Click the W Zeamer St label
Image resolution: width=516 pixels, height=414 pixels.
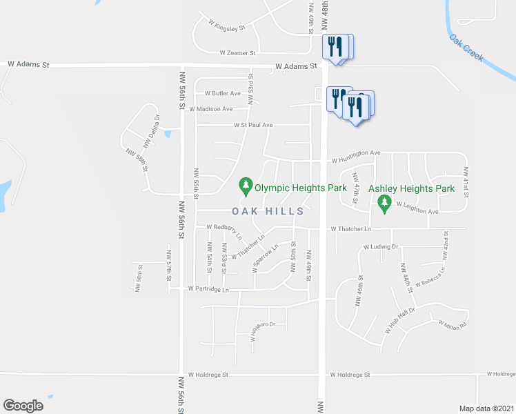click(237, 52)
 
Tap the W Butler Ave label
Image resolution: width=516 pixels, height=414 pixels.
click(222, 93)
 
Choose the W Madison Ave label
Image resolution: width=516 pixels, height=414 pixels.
click(210, 109)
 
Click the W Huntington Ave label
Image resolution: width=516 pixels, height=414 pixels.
click(356, 152)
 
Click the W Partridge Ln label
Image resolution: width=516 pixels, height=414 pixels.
click(208, 290)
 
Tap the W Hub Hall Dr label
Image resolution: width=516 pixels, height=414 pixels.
click(399, 320)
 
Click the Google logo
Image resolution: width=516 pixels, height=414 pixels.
click(23, 406)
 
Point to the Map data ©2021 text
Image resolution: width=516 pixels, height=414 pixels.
click(486, 408)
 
